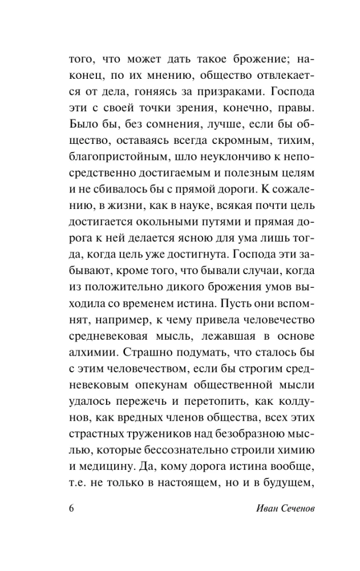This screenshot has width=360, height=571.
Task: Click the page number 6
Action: click(x=72, y=508)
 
